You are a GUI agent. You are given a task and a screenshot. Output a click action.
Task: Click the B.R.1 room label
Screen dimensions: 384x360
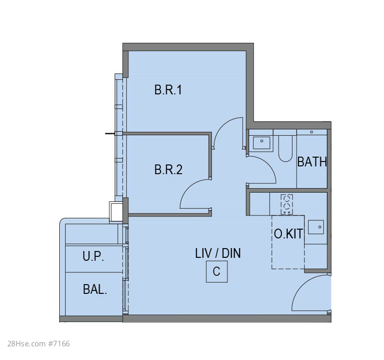(168, 90)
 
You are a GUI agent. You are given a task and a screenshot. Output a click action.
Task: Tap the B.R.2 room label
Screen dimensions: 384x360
(169, 170)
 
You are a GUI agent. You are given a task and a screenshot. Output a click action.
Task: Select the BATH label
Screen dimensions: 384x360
(312, 162)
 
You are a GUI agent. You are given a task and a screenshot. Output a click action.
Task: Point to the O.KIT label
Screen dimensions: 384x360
(288, 234)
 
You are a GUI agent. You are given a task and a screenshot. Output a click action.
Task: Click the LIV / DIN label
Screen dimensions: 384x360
(218, 253)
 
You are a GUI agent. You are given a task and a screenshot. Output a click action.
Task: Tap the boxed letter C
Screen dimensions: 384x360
(217, 271)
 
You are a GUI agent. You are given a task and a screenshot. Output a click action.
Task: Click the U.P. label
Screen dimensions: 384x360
(93, 256)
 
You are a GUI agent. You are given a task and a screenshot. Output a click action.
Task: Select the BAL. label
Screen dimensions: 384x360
(95, 289)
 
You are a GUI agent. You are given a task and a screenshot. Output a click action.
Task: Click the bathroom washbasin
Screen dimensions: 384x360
(262, 143)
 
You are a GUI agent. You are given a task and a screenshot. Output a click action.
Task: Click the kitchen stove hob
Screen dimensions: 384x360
(287, 204)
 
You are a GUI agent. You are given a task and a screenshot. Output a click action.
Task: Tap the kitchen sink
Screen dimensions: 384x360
(316, 227)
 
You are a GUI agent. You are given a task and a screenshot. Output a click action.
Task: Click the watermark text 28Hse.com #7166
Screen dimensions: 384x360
(39, 343)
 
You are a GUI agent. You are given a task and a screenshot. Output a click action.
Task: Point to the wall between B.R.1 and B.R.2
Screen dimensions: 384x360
(167, 134)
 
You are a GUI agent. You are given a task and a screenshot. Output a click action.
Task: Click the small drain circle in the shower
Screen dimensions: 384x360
(312, 132)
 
